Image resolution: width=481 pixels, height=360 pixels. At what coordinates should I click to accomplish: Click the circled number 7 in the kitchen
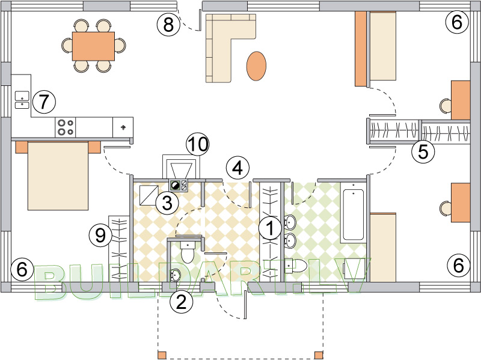point(44,102)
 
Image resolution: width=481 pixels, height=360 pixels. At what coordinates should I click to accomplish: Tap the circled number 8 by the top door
point(168,24)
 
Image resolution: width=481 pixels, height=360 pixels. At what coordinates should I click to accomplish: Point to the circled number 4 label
point(237,168)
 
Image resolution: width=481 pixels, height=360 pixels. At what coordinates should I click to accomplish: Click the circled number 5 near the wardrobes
point(423,152)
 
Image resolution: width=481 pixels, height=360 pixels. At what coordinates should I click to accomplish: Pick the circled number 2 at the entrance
point(182,302)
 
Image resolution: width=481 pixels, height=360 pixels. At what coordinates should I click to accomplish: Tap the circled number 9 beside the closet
point(100,236)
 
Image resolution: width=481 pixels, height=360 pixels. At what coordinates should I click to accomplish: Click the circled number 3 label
point(167,203)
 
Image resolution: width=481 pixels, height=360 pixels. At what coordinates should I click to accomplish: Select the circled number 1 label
point(270,228)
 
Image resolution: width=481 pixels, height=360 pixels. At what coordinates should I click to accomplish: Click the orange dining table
point(94,46)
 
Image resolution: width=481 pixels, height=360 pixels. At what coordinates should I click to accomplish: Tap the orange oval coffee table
point(257,66)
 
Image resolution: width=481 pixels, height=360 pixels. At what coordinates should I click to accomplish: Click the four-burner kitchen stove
point(66,127)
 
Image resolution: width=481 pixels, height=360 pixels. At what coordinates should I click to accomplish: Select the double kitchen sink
point(22,100)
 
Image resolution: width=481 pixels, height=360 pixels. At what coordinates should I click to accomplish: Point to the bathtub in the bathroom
point(354,215)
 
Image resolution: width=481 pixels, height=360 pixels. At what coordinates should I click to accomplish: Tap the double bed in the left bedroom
point(58,175)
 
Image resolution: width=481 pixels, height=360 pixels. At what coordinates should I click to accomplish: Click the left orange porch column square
point(162,355)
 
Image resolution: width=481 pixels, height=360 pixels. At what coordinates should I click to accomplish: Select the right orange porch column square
point(319,355)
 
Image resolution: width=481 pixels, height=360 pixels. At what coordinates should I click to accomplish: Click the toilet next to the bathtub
point(296,266)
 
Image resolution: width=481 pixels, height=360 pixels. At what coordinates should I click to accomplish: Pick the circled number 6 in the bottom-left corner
point(22,270)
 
